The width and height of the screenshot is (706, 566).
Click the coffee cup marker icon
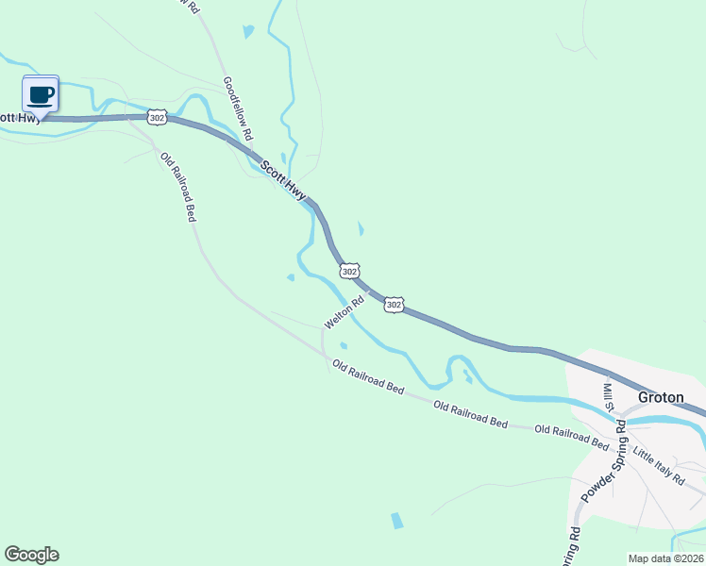click(41, 94)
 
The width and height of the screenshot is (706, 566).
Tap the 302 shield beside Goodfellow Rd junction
click(157, 116)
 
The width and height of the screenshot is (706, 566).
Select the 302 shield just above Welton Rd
click(349, 272)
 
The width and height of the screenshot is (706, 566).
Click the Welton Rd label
click(345, 313)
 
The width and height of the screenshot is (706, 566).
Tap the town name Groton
click(661, 397)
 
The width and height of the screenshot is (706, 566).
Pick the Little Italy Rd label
click(659, 465)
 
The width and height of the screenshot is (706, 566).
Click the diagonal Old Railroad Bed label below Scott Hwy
click(177, 187)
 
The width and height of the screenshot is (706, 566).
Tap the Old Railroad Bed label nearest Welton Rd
click(368, 376)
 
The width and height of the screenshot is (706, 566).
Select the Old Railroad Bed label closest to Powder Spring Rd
click(572, 436)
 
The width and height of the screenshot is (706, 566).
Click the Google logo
click(31, 555)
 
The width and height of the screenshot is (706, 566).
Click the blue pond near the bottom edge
click(396, 520)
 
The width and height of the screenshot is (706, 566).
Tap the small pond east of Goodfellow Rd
click(248, 31)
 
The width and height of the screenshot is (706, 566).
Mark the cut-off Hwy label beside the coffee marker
click(19, 117)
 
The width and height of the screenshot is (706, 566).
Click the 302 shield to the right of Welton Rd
click(395, 305)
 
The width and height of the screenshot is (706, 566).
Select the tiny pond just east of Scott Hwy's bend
click(361, 228)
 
